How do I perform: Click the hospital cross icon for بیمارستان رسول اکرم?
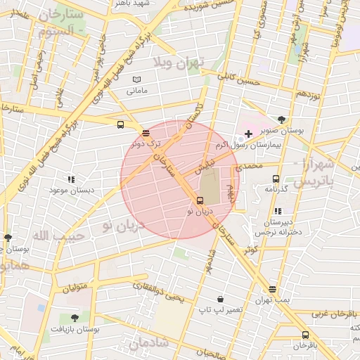tap(248, 134)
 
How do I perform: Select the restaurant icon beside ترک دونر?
tap(146, 132)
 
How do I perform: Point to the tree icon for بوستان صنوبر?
tap(282, 120)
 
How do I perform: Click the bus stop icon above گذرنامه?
tap(275, 179)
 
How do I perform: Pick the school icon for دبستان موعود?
tap(70, 179)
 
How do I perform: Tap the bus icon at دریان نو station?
tap(200, 200)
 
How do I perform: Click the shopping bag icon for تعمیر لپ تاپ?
tap(221, 299)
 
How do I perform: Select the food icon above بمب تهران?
tap(272, 289)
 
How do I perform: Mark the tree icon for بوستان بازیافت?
tap(75, 318)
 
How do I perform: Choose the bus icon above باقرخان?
tap(305, 335)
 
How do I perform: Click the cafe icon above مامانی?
tap(137, 79)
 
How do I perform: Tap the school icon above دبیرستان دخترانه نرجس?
tap(278, 210)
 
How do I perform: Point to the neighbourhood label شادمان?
tap(148, 343)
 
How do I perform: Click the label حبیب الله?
tap(58, 235)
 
